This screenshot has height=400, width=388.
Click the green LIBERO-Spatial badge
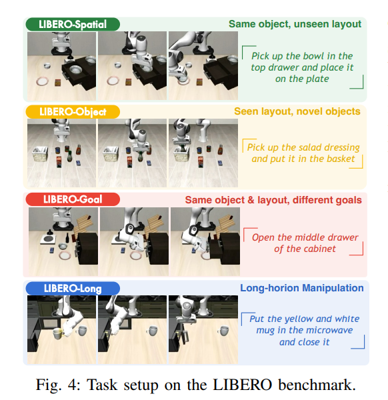73,25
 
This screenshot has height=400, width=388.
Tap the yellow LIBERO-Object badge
73,112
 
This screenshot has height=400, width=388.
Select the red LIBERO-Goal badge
73,199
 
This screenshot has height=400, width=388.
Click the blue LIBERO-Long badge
73,289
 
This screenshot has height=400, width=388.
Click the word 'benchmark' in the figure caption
317,385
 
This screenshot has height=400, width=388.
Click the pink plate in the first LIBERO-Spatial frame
43,81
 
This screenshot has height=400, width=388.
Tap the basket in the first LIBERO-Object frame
41,154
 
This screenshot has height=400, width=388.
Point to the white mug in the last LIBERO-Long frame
224,331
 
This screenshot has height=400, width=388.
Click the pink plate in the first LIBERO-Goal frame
66,255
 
